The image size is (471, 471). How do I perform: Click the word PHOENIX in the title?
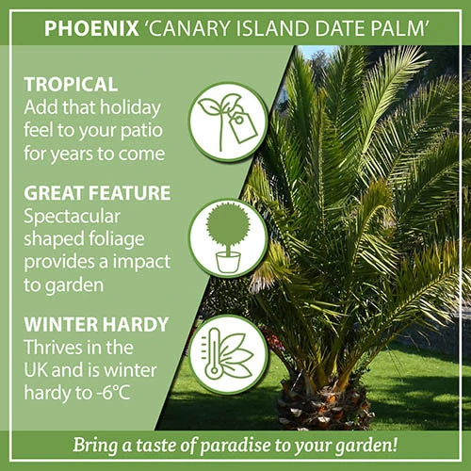[x=88, y=28]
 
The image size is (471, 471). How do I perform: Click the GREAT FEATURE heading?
[x=97, y=193]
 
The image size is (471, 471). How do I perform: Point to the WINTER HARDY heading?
[x=96, y=325]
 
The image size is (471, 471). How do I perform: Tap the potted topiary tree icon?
[x=228, y=236]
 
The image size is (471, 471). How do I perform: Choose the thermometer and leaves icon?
[x=228, y=354]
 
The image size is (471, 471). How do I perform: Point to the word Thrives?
[x=53, y=348]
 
